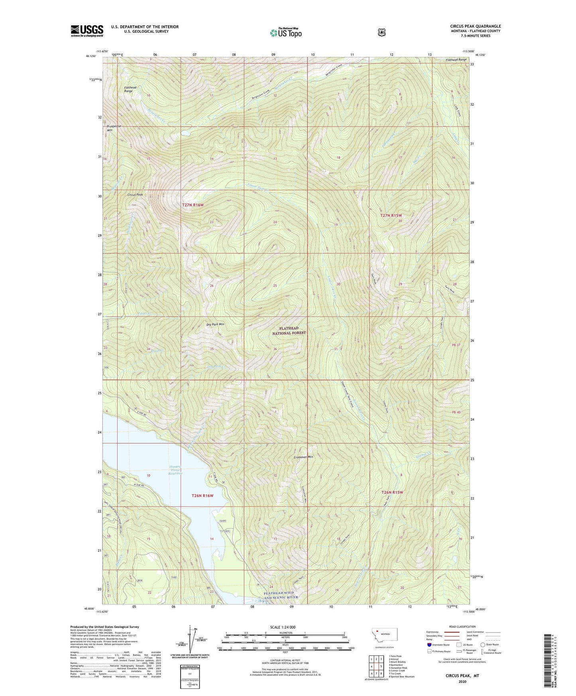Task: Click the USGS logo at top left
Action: point(87,31)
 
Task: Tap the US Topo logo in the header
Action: point(285,33)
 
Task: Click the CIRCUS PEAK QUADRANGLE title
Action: point(475,26)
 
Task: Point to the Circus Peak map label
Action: point(135,195)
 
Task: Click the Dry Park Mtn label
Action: point(215,324)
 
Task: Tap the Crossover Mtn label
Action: point(303,457)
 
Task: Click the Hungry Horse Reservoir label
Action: point(176,470)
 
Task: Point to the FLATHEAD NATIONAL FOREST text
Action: point(289,330)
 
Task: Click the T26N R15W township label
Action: point(392,492)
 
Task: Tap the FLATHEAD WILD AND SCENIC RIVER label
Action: point(281,595)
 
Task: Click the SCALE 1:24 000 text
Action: point(283,627)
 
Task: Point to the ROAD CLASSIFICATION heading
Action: point(462,627)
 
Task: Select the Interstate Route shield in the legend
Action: point(429,645)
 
